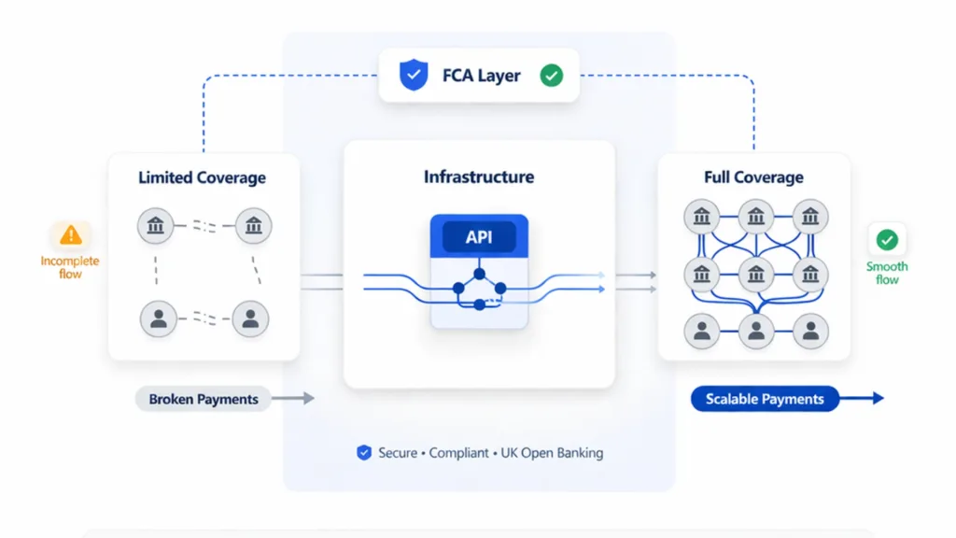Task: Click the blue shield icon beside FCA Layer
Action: coord(414,76)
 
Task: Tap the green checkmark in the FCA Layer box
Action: coord(552,76)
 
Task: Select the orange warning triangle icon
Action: coord(71,235)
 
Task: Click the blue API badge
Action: coord(479,237)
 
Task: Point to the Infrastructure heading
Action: coord(479,177)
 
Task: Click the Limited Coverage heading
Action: coord(202,177)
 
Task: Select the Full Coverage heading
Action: coord(753,177)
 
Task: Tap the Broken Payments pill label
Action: coord(204,399)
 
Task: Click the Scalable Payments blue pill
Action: coord(765,399)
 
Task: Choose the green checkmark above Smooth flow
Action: coord(887,240)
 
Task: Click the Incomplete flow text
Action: coord(70,267)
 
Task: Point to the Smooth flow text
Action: coord(887,273)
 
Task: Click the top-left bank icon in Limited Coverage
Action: coord(156,224)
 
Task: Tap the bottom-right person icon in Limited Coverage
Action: coord(250,319)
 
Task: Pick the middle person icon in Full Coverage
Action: coord(755,329)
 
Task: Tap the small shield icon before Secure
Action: coord(364,453)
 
